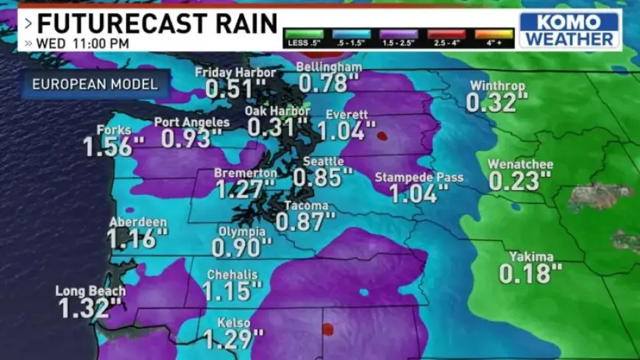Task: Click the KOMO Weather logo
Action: (x=569, y=29)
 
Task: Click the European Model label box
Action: (x=95, y=84)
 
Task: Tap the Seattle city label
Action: (x=323, y=161)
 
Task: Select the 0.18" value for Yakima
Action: (x=530, y=274)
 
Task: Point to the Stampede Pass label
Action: (x=419, y=177)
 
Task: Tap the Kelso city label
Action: (x=233, y=323)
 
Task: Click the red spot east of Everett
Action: (x=382, y=135)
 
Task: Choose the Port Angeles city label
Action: (x=192, y=122)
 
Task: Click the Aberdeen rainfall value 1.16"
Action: (x=137, y=239)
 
